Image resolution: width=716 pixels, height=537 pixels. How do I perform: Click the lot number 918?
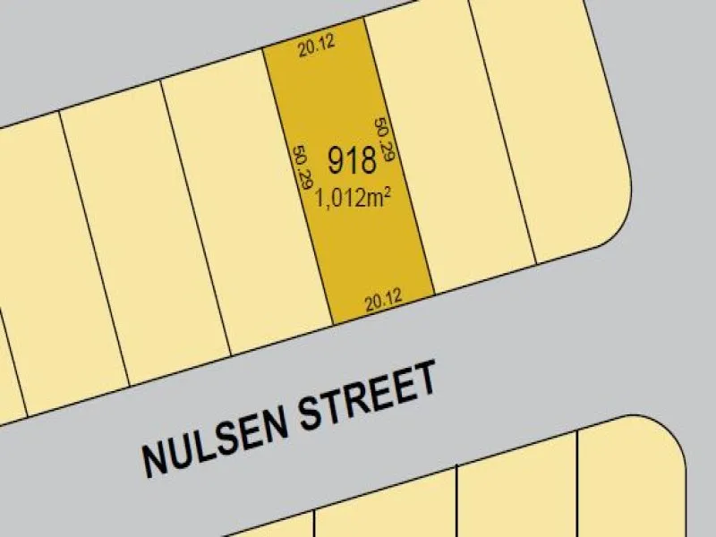[x=352, y=161]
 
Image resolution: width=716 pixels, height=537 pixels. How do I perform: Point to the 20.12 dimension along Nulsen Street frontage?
[x=383, y=303]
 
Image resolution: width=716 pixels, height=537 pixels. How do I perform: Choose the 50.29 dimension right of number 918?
[x=384, y=139]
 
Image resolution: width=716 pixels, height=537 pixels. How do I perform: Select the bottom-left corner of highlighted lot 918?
[x=333, y=324]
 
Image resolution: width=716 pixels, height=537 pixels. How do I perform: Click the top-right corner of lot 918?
[x=365, y=19]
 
